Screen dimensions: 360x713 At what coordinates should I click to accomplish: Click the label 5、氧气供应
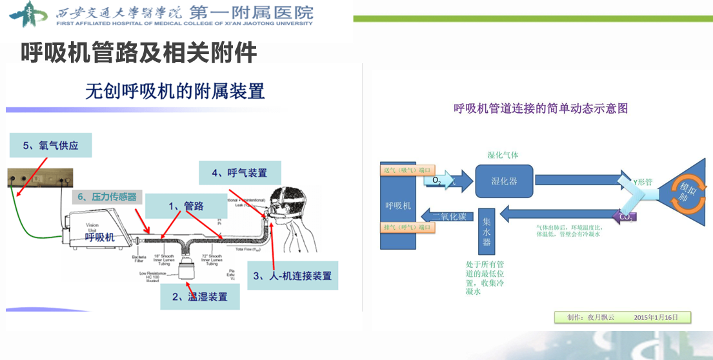tap(50, 145)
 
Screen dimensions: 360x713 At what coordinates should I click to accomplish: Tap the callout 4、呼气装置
tap(239, 173)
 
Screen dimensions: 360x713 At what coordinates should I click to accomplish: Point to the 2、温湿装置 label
tap(199, 296)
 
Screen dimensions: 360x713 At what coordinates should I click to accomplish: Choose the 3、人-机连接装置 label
tap(292, 275)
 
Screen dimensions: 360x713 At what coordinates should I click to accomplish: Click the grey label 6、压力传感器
tap(106, 197)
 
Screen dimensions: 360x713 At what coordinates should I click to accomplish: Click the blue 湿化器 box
tap(504, 180)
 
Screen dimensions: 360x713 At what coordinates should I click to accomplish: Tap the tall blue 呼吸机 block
tap(397, 205)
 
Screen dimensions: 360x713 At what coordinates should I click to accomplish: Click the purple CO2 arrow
tap(625, 216)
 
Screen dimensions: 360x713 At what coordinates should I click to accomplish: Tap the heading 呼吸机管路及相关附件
tap(139, 52)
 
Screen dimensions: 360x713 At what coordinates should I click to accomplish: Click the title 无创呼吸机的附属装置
tap(175, 91)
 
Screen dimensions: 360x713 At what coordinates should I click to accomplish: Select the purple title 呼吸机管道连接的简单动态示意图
tap(541, 108)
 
